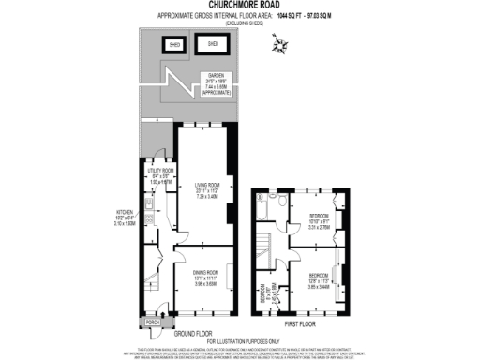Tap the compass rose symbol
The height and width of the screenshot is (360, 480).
pyautogui.click(x=279, y=45)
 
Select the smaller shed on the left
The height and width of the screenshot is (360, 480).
pyautogui.click(x=174, y=44)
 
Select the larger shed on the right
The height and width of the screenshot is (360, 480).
pyautogui.click(x=212, y=44)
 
